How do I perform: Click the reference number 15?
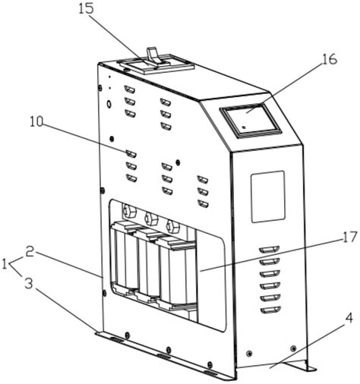(86, 8)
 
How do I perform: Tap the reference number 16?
(329, 59)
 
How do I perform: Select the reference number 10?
(37, 121)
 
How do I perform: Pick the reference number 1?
(5, 265)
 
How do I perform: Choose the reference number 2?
(30, 253)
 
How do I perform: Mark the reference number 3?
(29, 284)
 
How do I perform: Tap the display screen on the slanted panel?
(251, 119)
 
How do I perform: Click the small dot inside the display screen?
(244, 127)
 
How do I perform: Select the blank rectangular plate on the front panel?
(268, 197)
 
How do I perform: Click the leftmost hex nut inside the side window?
(129, 211)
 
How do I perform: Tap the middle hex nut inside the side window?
(150, 218)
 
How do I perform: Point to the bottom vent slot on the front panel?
(270, 310)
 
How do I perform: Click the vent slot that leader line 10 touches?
(131, 153)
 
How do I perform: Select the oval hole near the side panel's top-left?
(109, 104)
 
